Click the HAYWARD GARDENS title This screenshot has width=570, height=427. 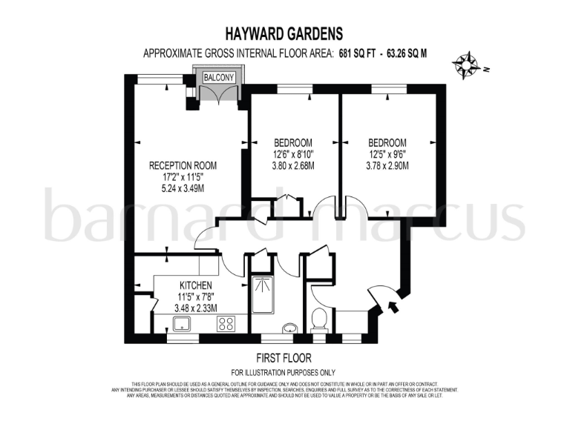point(284,33)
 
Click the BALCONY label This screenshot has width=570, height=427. point(219,77)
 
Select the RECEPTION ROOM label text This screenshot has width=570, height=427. point(183,165)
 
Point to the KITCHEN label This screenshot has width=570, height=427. point(196,285)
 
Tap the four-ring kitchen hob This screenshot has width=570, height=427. point(226,323)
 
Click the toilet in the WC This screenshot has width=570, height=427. point(320,320)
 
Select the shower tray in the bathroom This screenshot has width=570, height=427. point(262,294)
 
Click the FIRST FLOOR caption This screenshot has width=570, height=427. point(284,357)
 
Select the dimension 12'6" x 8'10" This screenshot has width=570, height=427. point(293,155)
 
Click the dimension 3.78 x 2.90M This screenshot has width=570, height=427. point(387,167)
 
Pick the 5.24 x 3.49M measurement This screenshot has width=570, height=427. point(183,188)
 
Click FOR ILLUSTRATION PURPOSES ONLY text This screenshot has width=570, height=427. point(284,372)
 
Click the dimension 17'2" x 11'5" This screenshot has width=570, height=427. point(183,177)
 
